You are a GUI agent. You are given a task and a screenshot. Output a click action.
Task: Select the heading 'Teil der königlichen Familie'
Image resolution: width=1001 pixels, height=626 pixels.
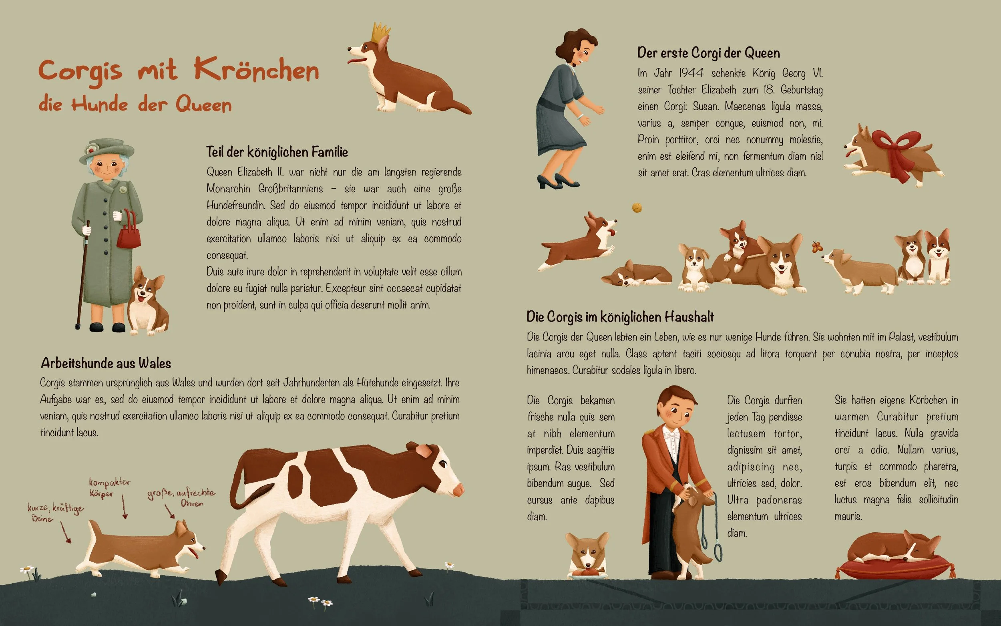[x=277, y=152]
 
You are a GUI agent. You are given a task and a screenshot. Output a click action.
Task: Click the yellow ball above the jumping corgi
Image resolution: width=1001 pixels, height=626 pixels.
[x=637, y=207]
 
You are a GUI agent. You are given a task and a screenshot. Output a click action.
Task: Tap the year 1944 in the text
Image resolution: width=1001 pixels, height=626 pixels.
[x=691, y=73]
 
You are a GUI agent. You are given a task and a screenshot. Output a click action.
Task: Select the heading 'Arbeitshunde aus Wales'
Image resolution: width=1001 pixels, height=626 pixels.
[x=106, y=363]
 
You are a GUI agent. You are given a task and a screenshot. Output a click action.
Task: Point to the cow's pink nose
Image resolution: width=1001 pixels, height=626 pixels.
[x=458, y=491]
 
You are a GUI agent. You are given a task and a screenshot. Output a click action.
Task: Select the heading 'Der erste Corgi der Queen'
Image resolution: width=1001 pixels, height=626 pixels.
[x=708, y=53]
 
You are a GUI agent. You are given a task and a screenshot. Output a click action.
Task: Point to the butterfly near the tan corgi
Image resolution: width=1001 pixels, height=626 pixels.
[x=816, y=247]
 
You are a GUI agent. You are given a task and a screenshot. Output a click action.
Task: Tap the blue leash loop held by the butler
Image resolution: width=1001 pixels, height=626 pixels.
[x=719, y=552]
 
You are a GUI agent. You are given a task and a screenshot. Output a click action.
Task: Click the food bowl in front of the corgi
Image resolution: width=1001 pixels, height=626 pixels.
[x=587, y=574]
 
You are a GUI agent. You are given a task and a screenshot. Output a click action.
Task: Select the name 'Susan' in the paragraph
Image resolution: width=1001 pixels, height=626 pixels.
[x=706, y=107]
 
